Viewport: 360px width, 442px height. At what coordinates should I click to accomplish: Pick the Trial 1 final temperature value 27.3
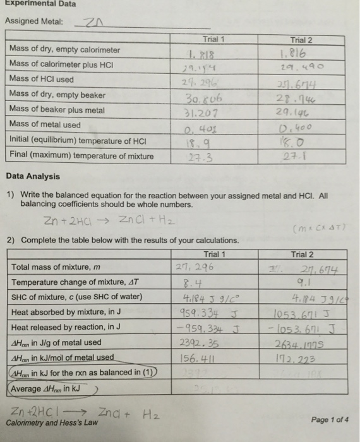(200, 156)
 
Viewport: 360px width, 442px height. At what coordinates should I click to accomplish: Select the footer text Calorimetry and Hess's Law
(52, 422)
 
